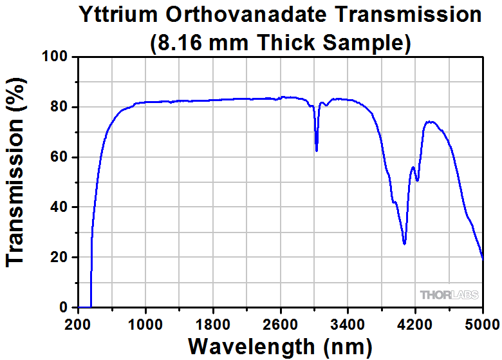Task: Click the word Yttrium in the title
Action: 118,15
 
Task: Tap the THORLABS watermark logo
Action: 450,295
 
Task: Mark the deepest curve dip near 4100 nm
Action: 404,243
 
